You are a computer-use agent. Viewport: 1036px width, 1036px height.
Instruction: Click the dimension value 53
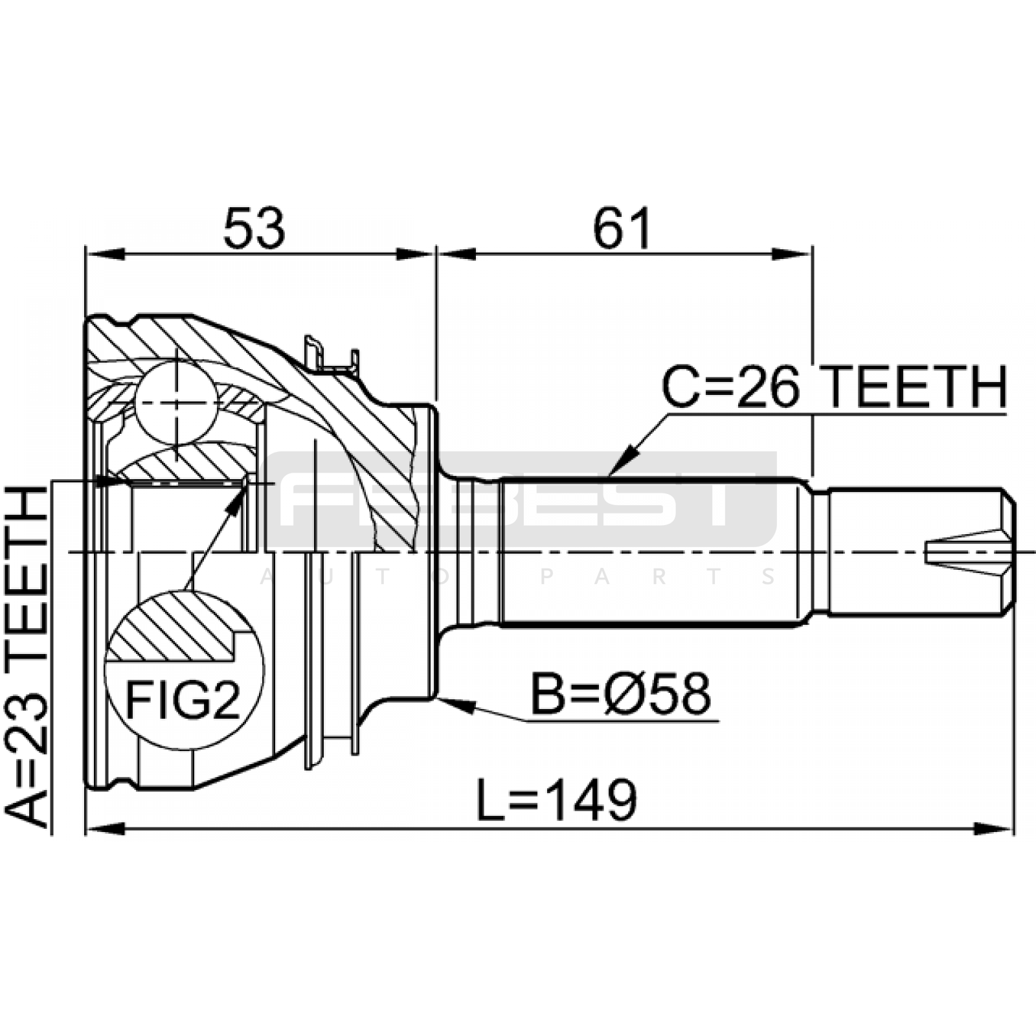(x=254, y=228)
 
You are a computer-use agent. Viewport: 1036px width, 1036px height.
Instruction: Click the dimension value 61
(x=622, y=228)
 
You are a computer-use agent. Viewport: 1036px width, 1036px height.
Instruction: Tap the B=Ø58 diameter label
(x=620, y=693)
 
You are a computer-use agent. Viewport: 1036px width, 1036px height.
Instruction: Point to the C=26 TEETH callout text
(x=834, y=387)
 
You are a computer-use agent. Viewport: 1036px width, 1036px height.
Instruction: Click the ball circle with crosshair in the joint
(x=175, y=403)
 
